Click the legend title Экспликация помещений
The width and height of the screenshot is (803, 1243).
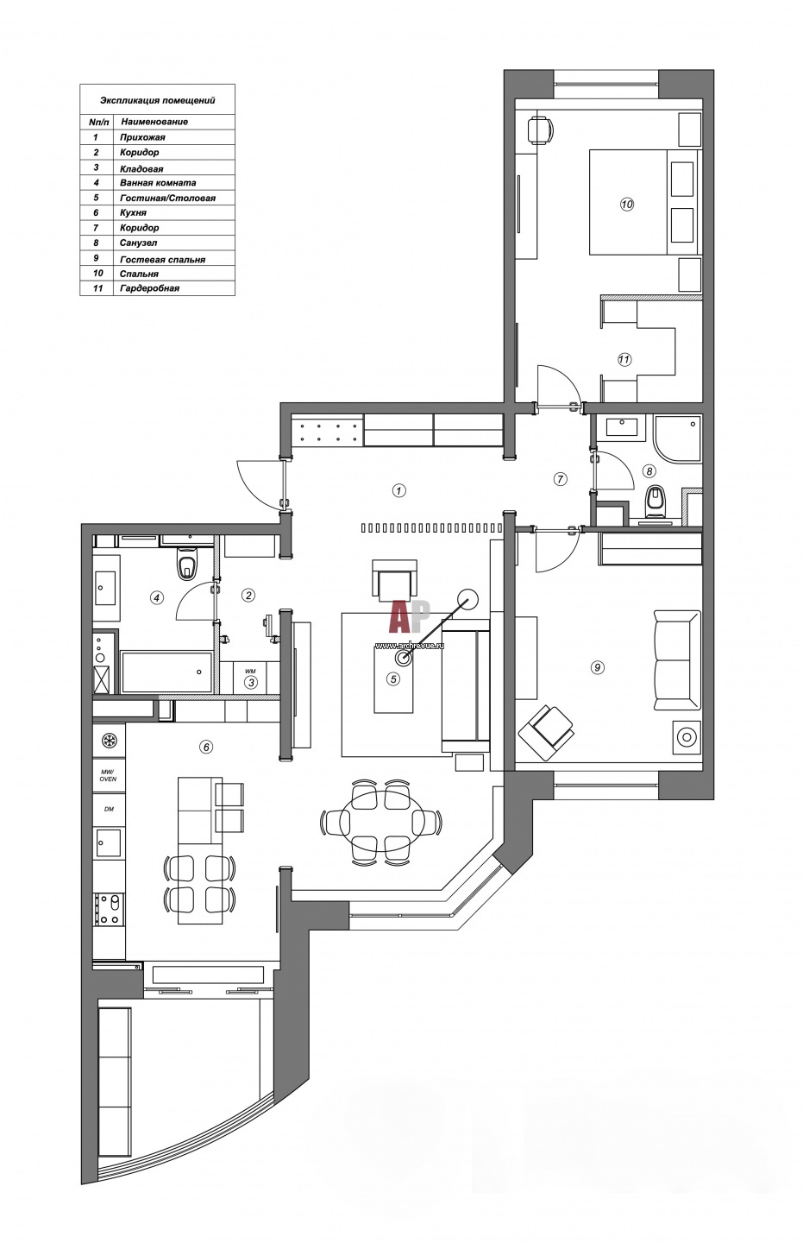(x=158, y=100)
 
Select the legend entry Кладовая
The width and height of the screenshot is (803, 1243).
(x=141, y=168)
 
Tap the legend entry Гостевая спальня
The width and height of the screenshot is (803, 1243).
(x=162, y=259)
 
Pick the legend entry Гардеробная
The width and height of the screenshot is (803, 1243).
(x=150, y=288)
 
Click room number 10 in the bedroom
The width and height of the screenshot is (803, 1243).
(x=627, y=205)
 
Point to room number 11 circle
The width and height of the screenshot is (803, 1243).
(x=624, y=360)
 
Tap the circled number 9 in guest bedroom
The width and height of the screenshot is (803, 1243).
(x=597, y=667)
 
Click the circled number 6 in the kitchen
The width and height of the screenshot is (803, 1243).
(x=206, y=747)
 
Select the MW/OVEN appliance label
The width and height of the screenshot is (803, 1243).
(x=108, y=775)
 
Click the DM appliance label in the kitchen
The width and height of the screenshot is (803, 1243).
(x=109, y=809)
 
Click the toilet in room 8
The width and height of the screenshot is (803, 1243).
(x=656, y=501)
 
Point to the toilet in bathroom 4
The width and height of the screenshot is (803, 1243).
(x=186, y=565)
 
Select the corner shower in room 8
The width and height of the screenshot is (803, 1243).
(x=676, y=439)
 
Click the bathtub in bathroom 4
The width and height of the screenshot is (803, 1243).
(x=166, y=672)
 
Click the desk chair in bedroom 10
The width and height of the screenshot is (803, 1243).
(x=540, y=129)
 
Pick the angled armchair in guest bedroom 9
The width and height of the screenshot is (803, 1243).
(x=546, y=733)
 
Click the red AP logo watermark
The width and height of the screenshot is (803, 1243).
(x=410, y=616)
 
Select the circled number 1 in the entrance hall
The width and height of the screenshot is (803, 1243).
(x=398, y=490)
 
